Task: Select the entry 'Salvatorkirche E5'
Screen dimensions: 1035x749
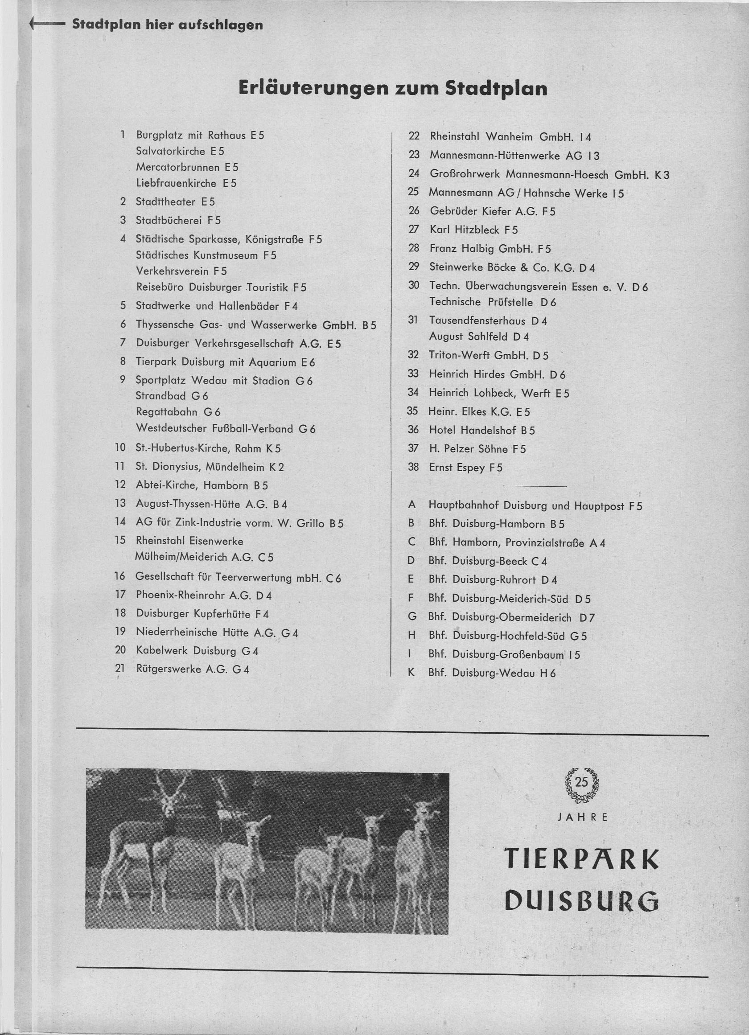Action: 180,151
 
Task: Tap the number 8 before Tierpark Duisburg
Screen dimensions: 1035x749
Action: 122,362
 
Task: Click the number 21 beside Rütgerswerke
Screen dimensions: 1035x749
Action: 120,669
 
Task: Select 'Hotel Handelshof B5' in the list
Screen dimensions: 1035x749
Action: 481,430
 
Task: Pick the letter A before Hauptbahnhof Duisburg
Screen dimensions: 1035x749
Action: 412,505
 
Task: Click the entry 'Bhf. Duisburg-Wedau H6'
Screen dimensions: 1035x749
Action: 492,673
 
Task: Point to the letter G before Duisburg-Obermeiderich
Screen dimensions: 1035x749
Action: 412,616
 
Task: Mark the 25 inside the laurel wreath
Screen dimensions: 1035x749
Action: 581,783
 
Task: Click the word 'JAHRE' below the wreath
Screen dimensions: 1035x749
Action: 582,817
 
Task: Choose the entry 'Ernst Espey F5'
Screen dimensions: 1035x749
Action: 465,467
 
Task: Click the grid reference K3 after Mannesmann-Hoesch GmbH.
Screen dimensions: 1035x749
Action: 662,175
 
